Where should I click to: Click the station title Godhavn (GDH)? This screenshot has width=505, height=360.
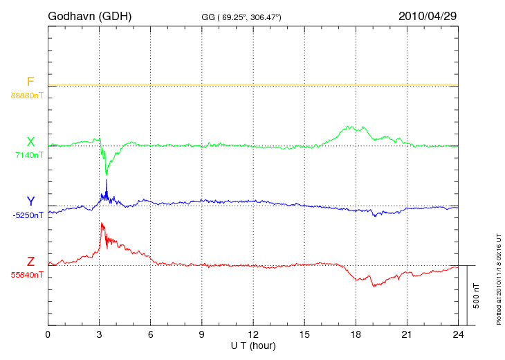click(89, 15)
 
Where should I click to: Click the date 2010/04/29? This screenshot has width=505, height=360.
click(428, 15)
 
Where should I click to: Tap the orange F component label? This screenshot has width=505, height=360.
click(30, 82)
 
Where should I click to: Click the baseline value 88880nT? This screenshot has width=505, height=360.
click(27, 95)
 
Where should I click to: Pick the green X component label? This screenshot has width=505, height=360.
click(30, 142)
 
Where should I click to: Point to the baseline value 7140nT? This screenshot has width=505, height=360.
click(29, 155)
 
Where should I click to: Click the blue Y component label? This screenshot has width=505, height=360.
click(30, 201)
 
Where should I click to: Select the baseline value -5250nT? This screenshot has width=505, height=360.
click(27, 215)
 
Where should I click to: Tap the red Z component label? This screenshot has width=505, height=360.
click(30, 262)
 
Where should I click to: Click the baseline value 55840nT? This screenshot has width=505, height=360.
click(27, 275)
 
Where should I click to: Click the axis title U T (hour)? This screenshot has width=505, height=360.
click(253, 345)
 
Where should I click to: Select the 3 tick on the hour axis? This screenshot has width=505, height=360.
click(99, 334)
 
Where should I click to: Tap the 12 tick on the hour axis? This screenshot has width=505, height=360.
click(253, 334)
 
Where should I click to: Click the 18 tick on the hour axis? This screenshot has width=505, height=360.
click(356, 334)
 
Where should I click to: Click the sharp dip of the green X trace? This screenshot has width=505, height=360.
click(107, 174)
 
